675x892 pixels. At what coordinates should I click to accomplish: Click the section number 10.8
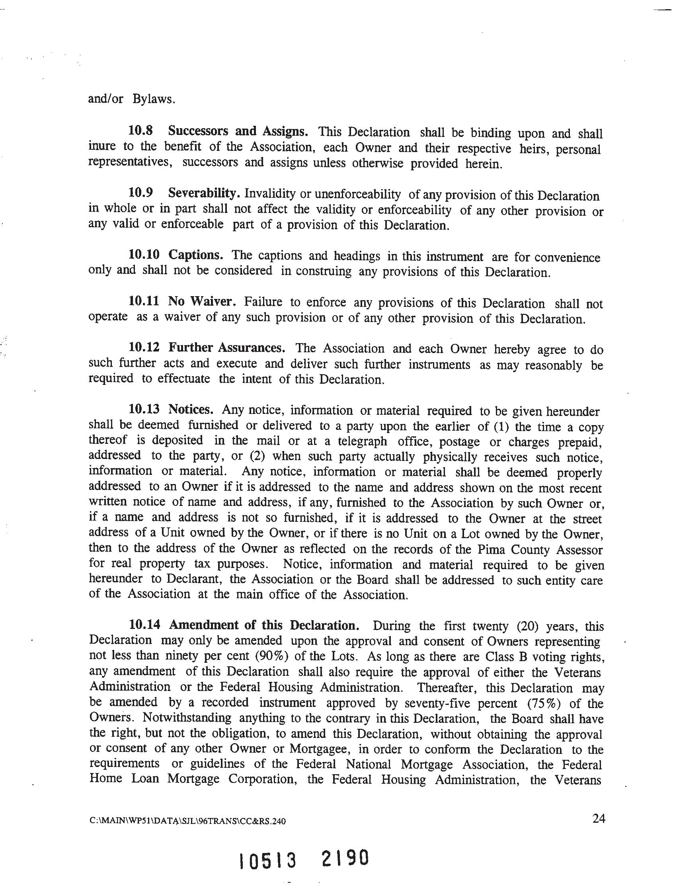click(140, 131)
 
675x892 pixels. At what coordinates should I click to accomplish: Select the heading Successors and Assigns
click(238, 131)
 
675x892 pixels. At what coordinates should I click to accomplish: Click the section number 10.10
click(144, 254)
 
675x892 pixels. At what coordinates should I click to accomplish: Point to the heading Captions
click(195, 255)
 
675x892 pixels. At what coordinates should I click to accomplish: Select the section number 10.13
click(144, 409)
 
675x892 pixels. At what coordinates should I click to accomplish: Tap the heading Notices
click(191, 410)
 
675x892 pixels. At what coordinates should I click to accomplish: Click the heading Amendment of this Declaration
click(264, 625)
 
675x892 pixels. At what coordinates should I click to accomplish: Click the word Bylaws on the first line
click(154, 99)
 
